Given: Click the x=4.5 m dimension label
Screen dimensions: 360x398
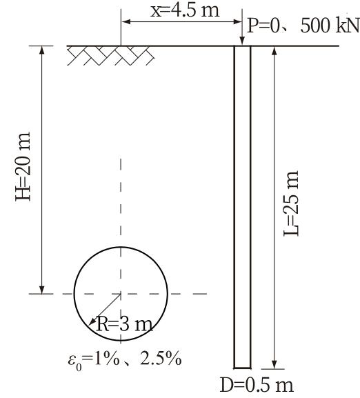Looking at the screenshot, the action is tap(185, 10).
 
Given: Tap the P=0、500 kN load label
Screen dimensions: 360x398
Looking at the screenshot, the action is tap(303, 26).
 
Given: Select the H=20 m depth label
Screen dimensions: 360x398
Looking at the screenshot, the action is tap(23, 166).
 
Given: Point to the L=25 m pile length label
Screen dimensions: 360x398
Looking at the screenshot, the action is tap(291, 203).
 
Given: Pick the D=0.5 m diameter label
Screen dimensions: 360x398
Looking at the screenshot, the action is tap(257, 385).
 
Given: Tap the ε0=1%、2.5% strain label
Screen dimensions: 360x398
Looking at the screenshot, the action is tap(125, 359).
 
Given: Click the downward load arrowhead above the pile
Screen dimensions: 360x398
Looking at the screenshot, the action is tap(242, 41).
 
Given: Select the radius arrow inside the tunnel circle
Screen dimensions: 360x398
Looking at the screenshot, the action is tap(105, 310).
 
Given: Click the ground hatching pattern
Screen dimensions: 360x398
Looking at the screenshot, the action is tap(110, 56).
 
